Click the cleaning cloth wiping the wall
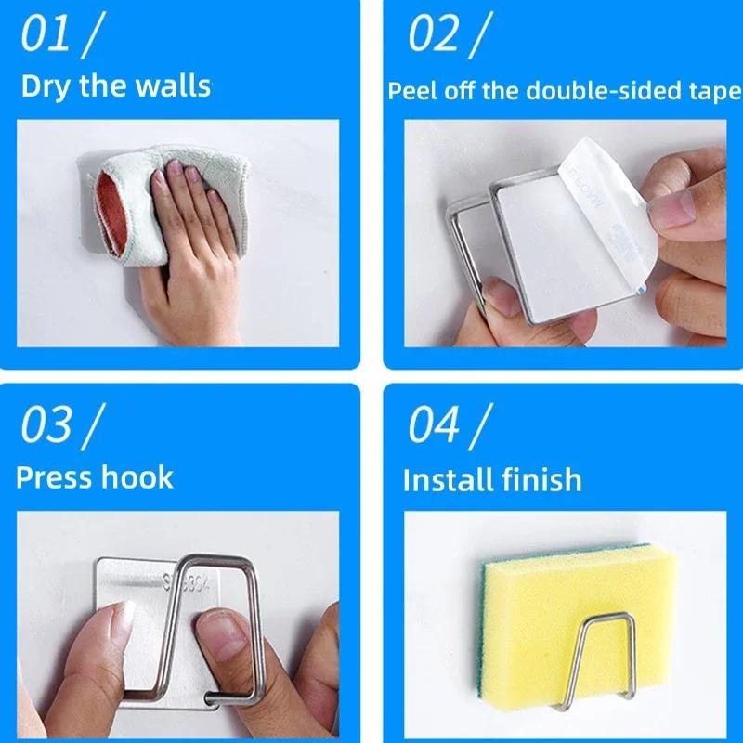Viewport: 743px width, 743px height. tap(130, 200)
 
